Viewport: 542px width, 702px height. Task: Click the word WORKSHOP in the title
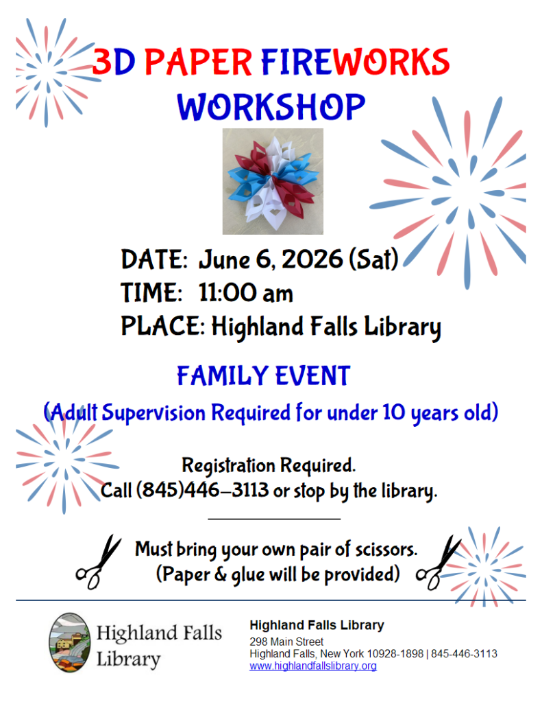pyautogui.click(x=271, y=107)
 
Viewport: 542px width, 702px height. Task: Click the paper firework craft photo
pyautogui.click(x=273, y=181)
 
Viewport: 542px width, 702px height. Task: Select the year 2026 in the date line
pyautogui.click(x=312, y=259)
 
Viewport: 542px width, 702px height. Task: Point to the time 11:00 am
pyautogui.click(x=245, y=293)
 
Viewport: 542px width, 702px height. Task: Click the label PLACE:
pyautogui.click(x=163, y=325)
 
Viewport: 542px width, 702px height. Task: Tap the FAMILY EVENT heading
pyautogui.click(x=263, y=375)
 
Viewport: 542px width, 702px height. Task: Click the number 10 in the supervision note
pyautogui.click(x=394, y=412)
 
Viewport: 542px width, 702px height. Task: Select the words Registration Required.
pyautogui.click(x=269, y=465)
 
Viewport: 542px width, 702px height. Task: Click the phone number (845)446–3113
pyautogui.click(x=203, y=490)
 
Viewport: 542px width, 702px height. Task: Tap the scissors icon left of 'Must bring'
pyautogui.click(x=99, y=562)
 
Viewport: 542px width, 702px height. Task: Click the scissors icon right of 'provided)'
pyautogui.click(x=439, y=562)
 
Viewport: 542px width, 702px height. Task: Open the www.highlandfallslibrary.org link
pyautogui.click(x=313, y=666)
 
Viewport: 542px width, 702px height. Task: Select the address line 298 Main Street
pyautogui.click(x=286, y=642)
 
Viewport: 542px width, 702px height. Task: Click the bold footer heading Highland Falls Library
pyautogui.click(x=317, y=625)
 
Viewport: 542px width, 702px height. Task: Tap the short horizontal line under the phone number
pyautogui.click(x=274, y=519)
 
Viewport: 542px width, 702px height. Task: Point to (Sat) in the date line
pyautogui.click(x=373, y=259)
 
